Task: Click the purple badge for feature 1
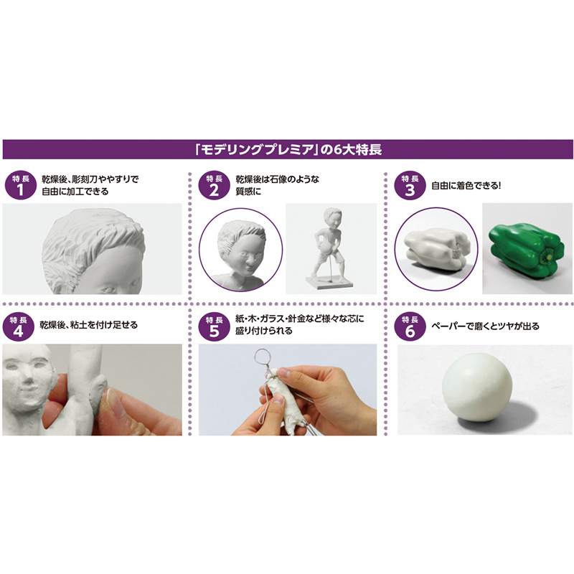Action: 21,185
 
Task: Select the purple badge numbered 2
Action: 214,185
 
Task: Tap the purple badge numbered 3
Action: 410,185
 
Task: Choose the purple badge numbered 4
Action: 19,326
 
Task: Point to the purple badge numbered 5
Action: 214,326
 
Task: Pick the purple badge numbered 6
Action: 410,326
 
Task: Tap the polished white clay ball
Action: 476,387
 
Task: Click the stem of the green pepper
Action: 548,255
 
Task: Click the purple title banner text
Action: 288,149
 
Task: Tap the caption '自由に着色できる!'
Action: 466,186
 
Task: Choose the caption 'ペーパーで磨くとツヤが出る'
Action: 485,326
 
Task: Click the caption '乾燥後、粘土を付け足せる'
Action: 88,325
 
